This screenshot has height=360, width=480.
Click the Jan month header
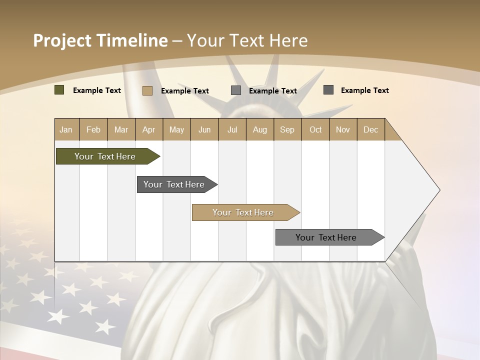(66, 129)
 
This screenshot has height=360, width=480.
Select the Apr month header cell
(148, 129)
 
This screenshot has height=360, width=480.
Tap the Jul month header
(232, 129)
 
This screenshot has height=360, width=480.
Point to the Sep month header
(287, 129)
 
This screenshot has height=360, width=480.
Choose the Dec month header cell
(370, 129)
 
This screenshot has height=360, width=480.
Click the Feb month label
(93, 129)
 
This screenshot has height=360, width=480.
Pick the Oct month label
(315, 129)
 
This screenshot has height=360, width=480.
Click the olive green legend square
(59, 90)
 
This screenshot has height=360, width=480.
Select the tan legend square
(147, 90)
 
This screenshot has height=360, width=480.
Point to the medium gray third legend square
(236, 90)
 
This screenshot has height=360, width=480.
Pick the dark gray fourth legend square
(328, 90)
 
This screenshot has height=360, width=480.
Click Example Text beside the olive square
(97, 90)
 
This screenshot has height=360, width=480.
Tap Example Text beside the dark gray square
(365, 90)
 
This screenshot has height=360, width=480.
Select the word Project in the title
(62, 40)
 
